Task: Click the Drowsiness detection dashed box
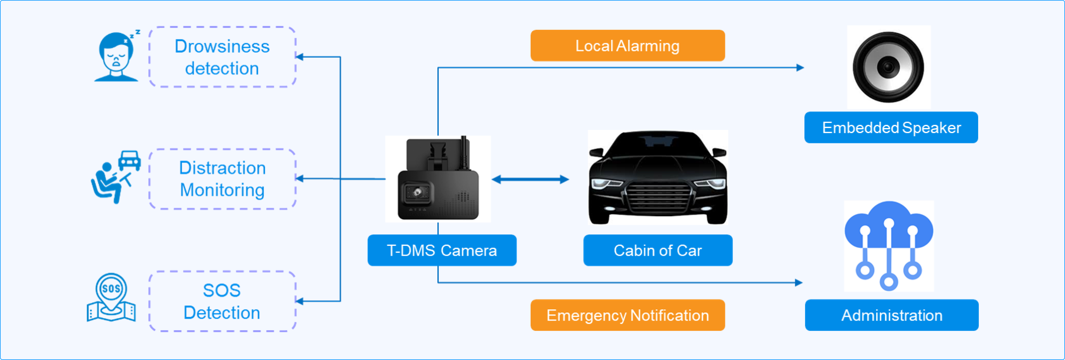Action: point(222,57)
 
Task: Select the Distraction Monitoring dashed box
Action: point(222,179)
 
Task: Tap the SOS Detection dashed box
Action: point(222,301)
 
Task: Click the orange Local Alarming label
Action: point(627,45)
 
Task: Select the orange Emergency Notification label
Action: point(627,315)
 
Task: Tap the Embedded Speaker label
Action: point(891,127)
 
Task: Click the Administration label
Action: point(891,315)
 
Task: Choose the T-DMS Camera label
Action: point(442,250)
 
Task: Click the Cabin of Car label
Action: point(657,250)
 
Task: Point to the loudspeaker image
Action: point(888,67)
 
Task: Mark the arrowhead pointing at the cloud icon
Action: point(799,283)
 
